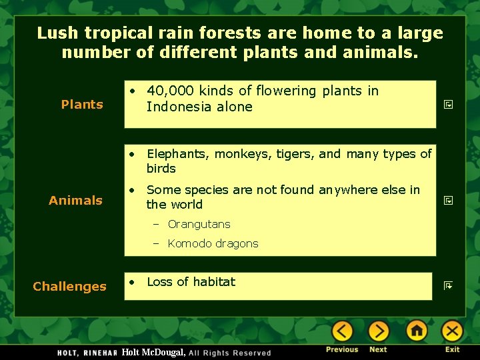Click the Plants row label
click(82, 104)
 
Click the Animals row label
click(75, 200)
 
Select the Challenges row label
click(69, 286)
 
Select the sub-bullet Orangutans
click(199, 224)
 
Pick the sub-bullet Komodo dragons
click(213, 243)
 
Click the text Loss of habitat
click(191, 282)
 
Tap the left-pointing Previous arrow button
click(342, 331)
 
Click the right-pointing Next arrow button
click(378, 331)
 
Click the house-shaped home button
click(417, 331)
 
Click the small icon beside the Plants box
click(449, 105)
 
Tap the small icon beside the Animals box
click(449, 200)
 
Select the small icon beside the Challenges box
click(449, 286)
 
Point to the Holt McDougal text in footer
click(153, 352)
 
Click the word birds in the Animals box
click(161, 169)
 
